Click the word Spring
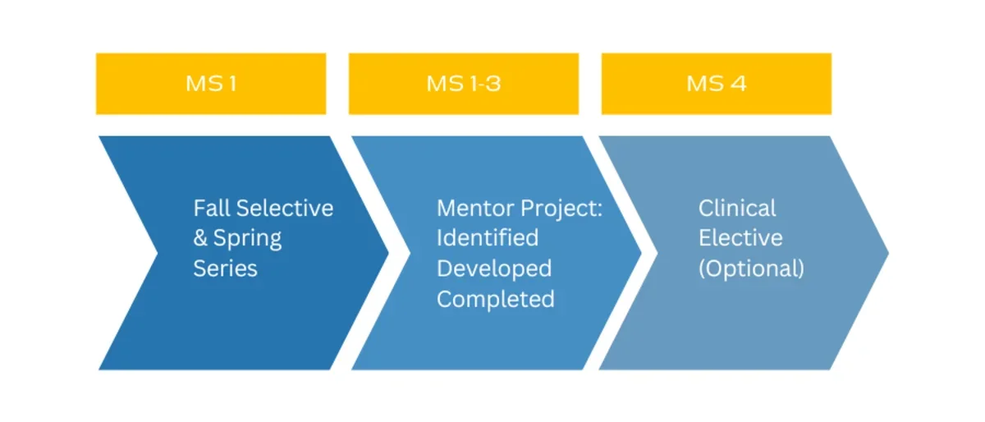pyautogui.click(x=247, y=239)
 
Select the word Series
pyautogui.click(x=225, y=268)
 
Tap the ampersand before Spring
pyautogui.click(x=200, y=239)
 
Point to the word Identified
pyautogui.click(x=488, y=238)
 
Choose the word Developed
pyautogui.click(x=494, y=268)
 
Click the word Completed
pyautogui.click(x=496, y=299)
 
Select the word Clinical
pyautogui.click(x=737, y=208)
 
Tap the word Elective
pyautogui.click(x=740, y=238)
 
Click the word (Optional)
pyautogui.click(x=751, y=268)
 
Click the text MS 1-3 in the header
pyautogui.click(x=463, y=84)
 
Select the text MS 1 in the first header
pyautogui.click(x=211, y=84)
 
